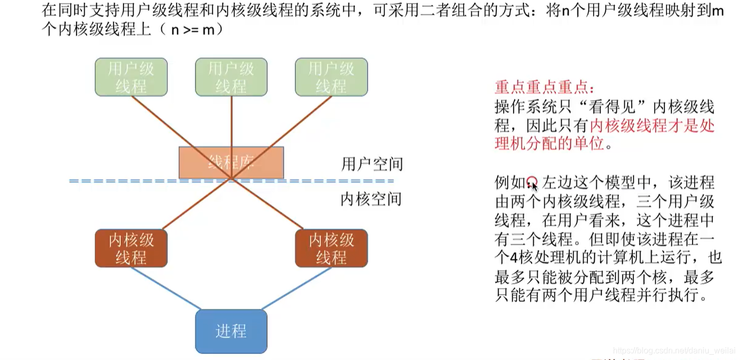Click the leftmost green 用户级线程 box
[x=131, y=77]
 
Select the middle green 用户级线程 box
[x=231, y=77]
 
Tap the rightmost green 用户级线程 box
[x=331, y=77]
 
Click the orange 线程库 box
[x=231, y=163]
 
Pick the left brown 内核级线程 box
[x=131, y=249]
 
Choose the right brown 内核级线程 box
[x=331, y=249]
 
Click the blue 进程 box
[x=231, y=331]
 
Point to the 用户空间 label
[x=372, y=165]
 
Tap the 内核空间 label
[x=371, y=200]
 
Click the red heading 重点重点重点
[x=544, y=86]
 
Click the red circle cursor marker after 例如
[x=531, y=181]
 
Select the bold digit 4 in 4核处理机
[x=513, y=257]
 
